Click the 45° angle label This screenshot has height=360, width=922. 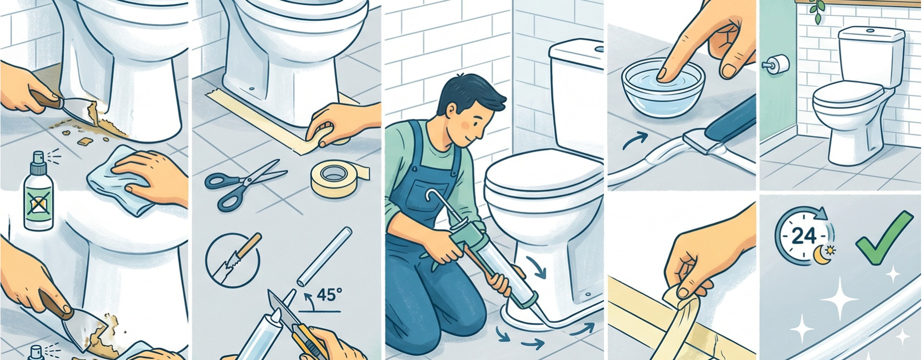(x=326, y=295)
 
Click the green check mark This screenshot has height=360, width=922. (x=884, y=238)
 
